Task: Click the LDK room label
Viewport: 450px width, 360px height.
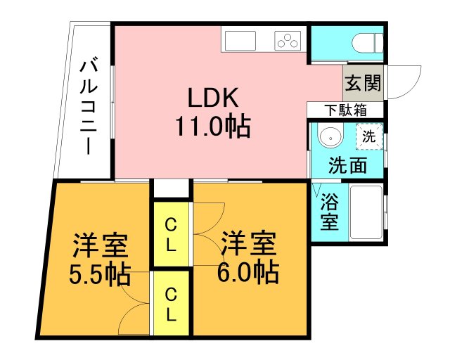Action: tap(212, 97)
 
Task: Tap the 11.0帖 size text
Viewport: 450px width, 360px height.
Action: tap(212, 127)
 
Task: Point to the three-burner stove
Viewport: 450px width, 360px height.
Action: tap(288, 41)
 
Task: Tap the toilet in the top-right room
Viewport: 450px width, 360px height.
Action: tap(368, 43)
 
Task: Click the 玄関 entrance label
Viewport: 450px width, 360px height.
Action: tap(363, 83)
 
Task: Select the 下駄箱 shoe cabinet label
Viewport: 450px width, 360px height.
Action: tap(345, 110)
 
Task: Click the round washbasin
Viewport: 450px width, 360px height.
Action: tap(330, 138)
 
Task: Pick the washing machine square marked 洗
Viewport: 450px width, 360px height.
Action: tap(369, 136)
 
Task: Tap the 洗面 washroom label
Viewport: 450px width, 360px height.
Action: tap(347, 165)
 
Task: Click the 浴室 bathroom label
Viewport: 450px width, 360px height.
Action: tap(330, 212)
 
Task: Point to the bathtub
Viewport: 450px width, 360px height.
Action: tap(366, 212)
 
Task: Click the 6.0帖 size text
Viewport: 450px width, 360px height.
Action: tap(248, 272)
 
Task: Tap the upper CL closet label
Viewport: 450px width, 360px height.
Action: tap(171, 235)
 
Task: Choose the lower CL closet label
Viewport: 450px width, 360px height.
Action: tap(171, 304)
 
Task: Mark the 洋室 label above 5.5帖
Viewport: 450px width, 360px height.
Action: tap(100, 245)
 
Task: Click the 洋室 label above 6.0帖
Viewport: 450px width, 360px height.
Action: tap(248, 243)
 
